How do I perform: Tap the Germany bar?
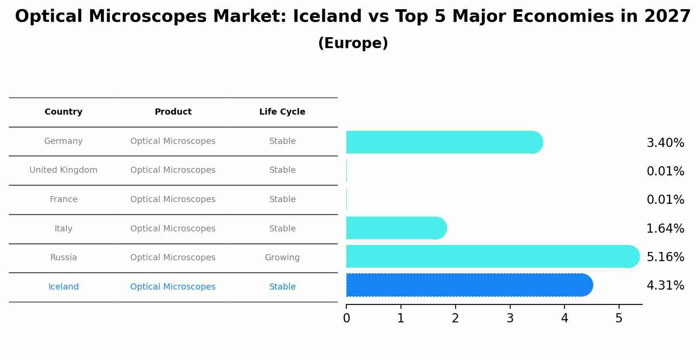click(x=444, y=142)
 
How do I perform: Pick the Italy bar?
click(x=396, y=228)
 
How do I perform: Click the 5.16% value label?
click(x=665, y=257)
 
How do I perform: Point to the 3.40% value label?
click(x=665, y=143)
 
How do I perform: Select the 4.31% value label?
click(x=665, y=286)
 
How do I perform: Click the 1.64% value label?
click(x=665, y=229)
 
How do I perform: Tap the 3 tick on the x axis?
click(x=510, y=318)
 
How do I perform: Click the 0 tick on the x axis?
click(x=346, y=318)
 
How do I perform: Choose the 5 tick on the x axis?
click(x=619, y=318)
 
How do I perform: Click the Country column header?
click(x=63, y=112)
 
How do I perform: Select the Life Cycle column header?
click(x=282, y=112)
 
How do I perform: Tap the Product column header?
click(x=173, y=112)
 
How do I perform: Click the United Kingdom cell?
click(x=63, y=170)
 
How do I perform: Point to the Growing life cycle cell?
click(x=282, y=258)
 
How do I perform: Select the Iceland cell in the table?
click(x=63, y=287)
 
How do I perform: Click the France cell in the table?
click(x=63, y=199)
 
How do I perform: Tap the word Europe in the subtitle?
click(x=353, y=43)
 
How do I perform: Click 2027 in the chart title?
click(x=667, y=17)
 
